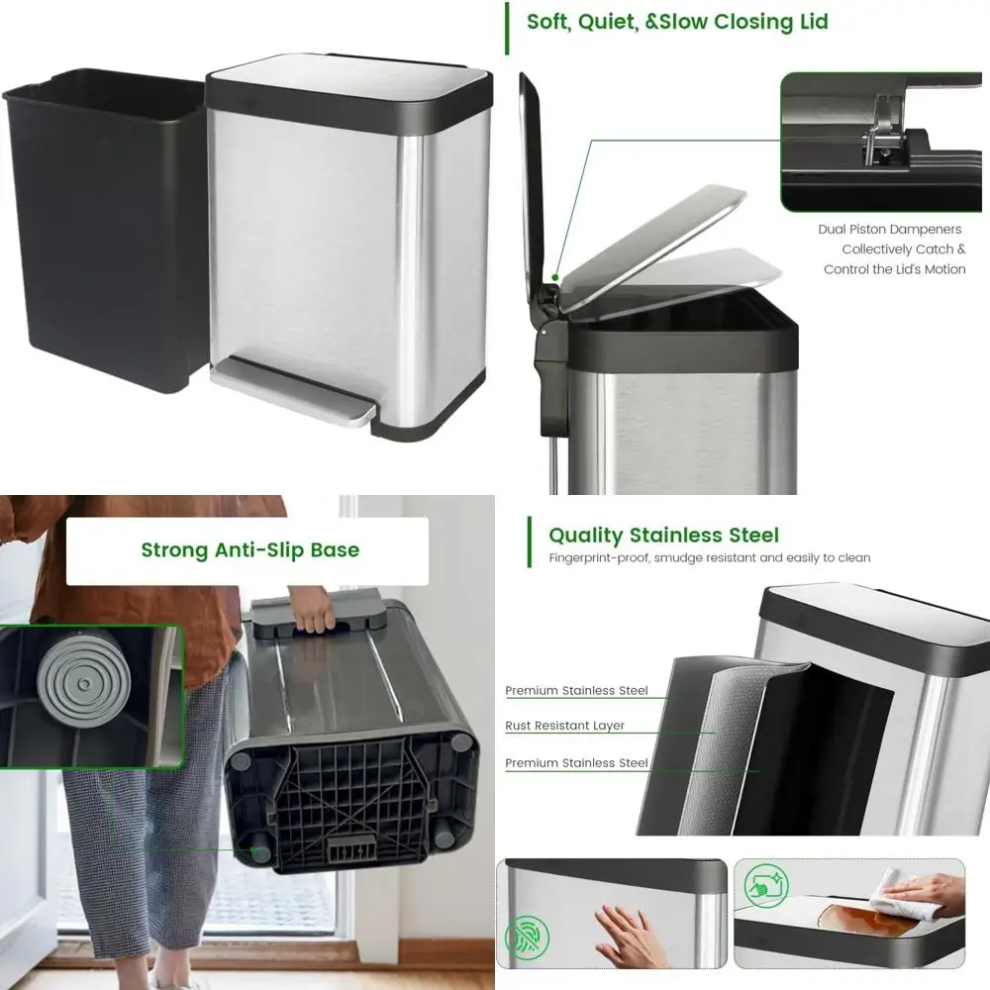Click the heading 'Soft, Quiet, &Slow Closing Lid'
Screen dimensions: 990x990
coord(677,22)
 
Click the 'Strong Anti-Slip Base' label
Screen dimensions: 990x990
coord(249,550)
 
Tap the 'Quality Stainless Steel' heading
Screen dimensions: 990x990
coord(663,536)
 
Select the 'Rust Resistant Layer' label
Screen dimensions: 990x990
coord(564,726)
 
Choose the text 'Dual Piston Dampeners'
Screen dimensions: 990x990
coord(889,230)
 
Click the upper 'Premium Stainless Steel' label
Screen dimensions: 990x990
coord(576,691)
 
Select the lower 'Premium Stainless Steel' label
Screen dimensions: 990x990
coord(576,763)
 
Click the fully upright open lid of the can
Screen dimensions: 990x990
coord(533,178)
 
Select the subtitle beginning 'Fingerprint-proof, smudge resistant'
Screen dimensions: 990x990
coord(709,558)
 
